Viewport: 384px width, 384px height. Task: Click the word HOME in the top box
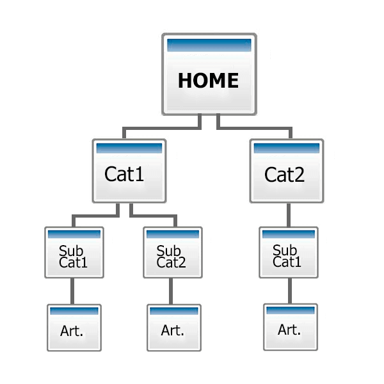[x=209, y=81]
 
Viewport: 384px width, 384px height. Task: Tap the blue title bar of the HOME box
[x=209, y=45]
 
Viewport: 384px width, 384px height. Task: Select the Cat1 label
[x=124, y=174]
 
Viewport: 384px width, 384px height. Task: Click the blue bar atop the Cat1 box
[x=129, y=148]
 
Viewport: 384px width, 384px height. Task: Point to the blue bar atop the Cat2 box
[x=286, y=148]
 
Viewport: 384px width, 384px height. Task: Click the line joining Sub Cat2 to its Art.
[x=172, y=291]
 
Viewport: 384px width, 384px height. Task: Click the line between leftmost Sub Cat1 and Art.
[x=74, y=291]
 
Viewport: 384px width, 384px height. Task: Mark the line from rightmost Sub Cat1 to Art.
[x=289, y=291]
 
